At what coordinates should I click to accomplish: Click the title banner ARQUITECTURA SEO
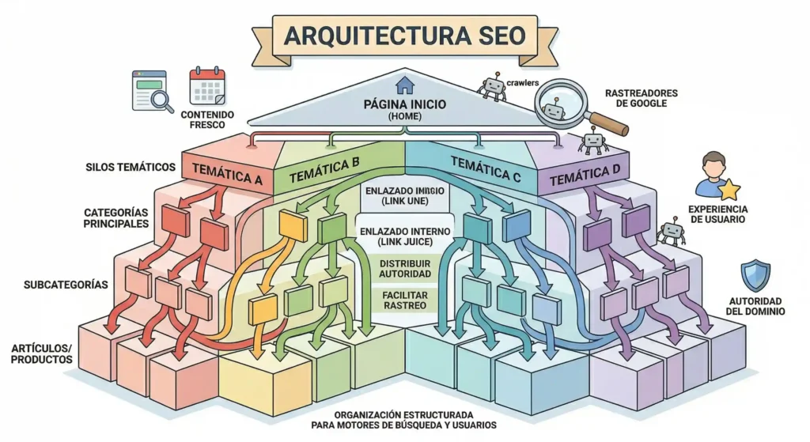[x=404, y=36]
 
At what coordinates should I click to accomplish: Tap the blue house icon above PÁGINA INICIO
[x=405, y=85]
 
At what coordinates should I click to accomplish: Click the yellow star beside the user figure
[x=729, y=190]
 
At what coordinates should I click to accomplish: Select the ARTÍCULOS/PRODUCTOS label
[x=43, y=353]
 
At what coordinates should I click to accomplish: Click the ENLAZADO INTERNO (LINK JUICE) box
[x=405, y=234]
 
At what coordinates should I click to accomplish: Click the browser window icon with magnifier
[x=151, y=92]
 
